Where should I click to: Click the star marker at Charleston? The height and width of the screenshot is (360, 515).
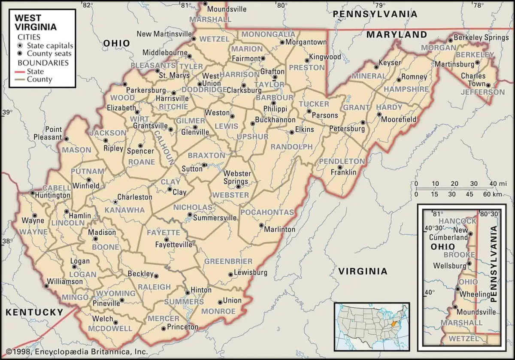point(115,201)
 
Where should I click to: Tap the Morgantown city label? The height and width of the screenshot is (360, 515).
point(306,42)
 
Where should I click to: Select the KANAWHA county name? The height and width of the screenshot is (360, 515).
point(119,210)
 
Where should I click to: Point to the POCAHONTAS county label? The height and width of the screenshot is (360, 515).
point(267,212)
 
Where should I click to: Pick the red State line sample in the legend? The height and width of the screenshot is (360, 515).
point(20,71)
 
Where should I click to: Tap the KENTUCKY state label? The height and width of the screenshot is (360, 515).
point(34,312)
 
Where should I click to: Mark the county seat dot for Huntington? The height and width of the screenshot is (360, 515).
point(33,193)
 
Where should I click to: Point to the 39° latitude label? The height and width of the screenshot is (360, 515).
point(8,113)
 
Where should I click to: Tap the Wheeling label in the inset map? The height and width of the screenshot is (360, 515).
point(475,294)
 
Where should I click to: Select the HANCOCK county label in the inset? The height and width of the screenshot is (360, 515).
point(456,221)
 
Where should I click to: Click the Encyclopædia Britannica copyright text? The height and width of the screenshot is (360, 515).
point(74,352)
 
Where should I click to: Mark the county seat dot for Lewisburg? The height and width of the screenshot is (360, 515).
point(230,274)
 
